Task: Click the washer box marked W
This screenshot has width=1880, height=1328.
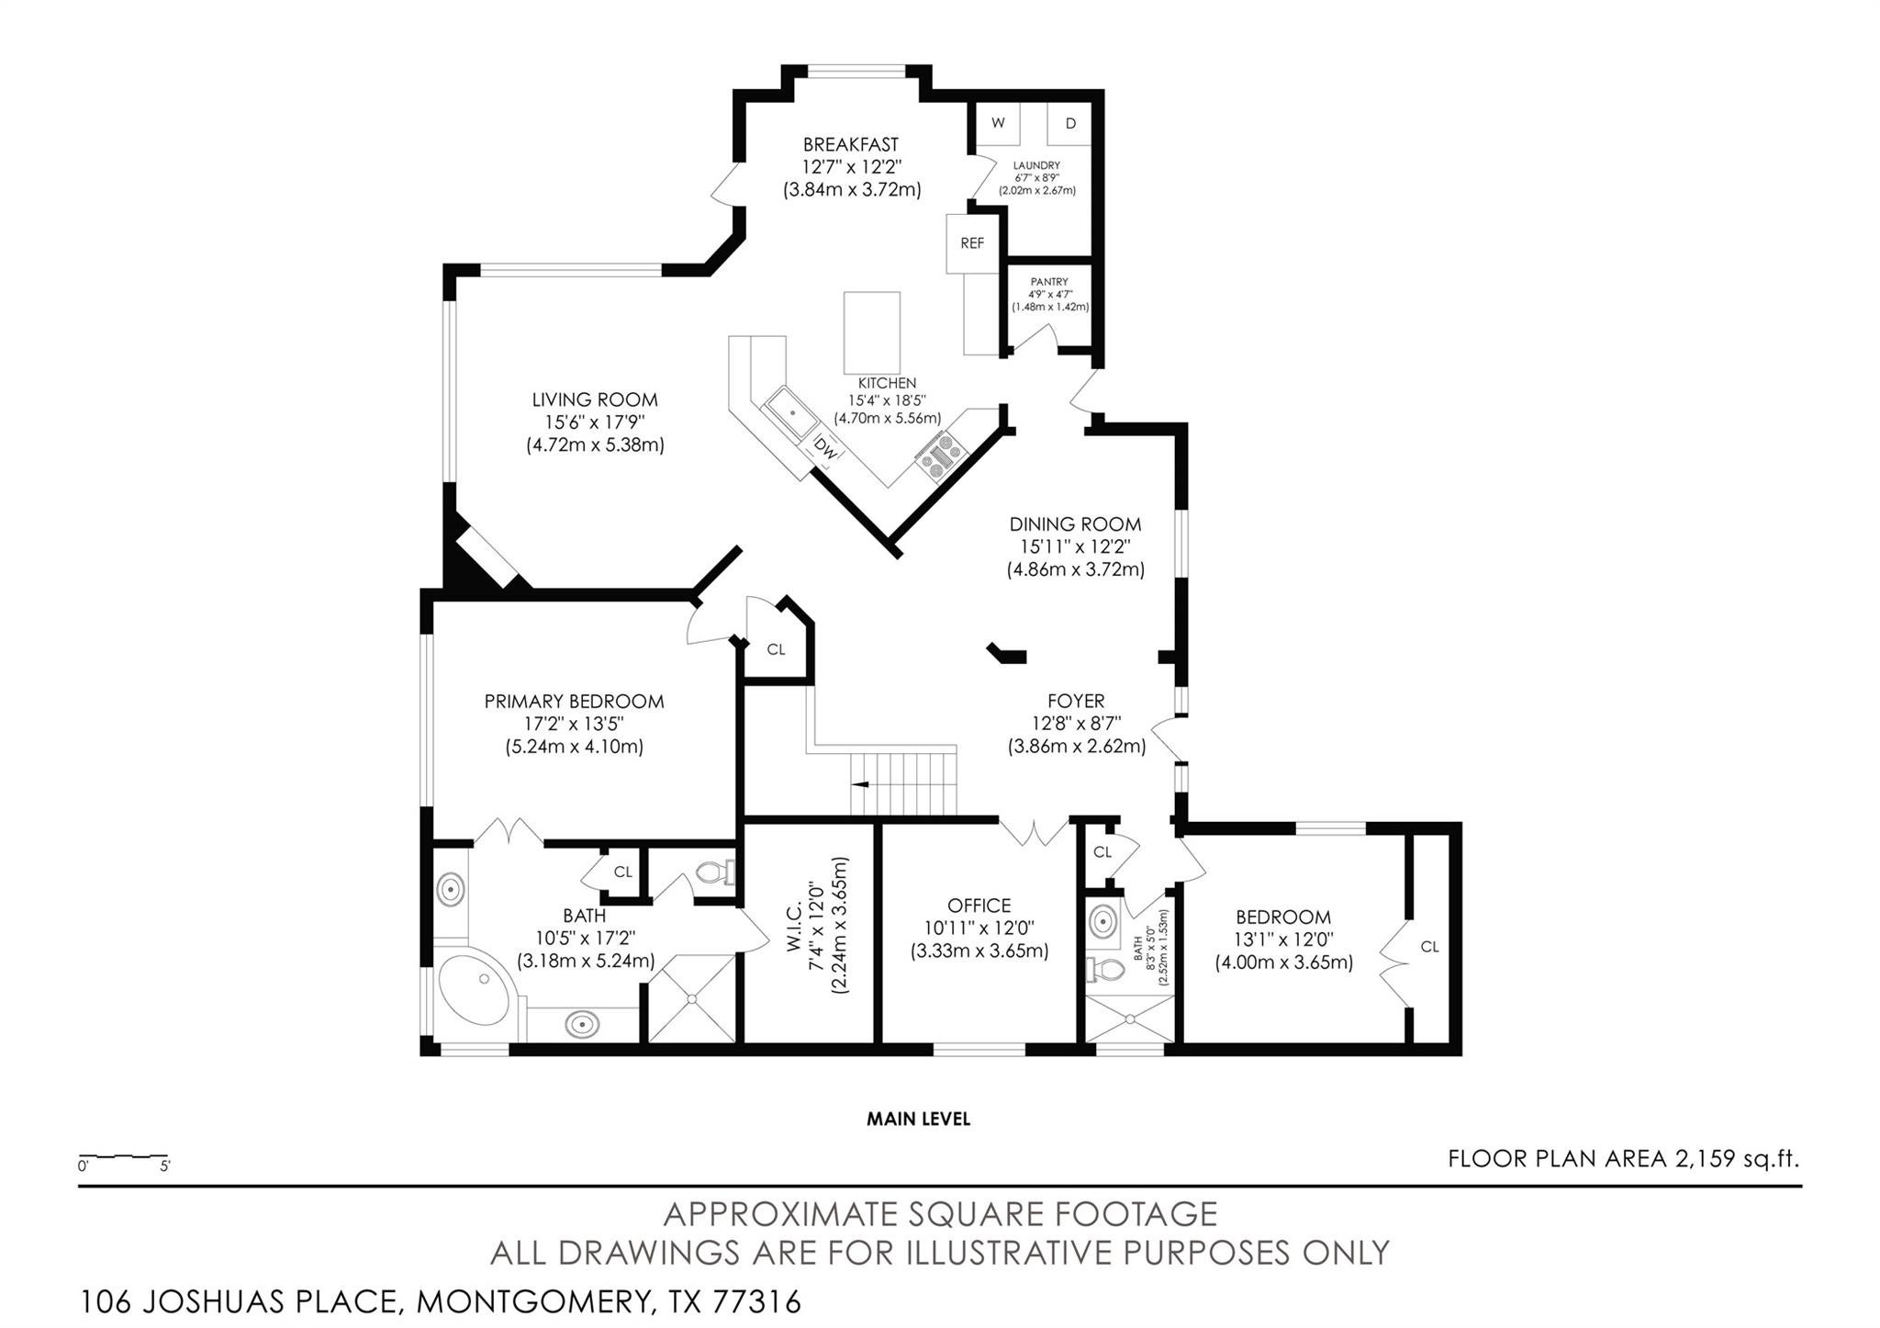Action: click(998, 123)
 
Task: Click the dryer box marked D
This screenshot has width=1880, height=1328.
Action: click(1069, 123)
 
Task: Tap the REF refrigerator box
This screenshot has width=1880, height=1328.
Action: click(972, 243)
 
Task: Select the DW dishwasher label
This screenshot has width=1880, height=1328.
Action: click(826, 450)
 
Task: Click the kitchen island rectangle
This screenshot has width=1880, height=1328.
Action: click(871, 332)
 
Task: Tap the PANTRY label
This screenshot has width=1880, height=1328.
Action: click(1048, 282)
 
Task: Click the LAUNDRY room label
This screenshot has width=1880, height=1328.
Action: click(1036, 165)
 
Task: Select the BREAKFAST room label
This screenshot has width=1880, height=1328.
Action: click(851, 144)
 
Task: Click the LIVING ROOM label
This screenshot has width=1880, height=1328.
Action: click(595, 400)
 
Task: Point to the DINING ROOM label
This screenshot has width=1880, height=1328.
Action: click(1075, 524)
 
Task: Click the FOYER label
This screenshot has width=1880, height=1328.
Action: click(1076, 701)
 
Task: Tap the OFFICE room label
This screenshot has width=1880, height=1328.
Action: click(979, 906)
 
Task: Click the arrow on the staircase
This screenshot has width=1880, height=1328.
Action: click(861, 784)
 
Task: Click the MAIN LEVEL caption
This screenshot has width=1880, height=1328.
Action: click(918, 1119)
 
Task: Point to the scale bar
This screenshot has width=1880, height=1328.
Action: click(123, 1155)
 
